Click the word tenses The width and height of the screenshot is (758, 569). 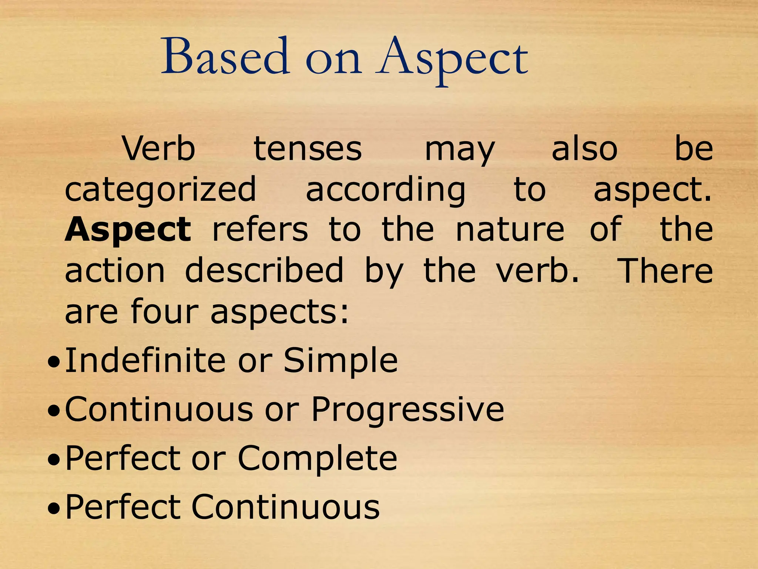point(308,149)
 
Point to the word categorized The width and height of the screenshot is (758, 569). point(160,190)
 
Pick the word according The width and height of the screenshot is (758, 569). point(385,190)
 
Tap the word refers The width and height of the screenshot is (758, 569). point(260,230)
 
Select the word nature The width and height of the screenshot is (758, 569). point(510,230)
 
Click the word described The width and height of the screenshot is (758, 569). point(264,270)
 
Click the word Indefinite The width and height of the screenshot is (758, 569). point(145,360)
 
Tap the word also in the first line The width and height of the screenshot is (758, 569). point(584,149)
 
